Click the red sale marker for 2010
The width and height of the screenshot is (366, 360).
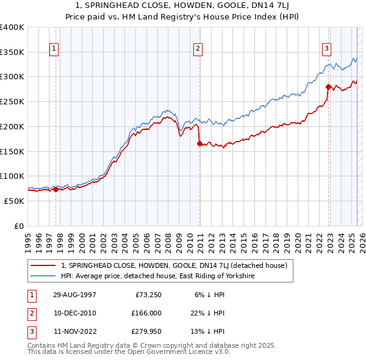(x=199, y=143)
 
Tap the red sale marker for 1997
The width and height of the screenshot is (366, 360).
(x=56, y=189)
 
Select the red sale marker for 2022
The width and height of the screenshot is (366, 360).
(x=328, y=87)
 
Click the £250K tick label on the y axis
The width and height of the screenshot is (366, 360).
(x=12, y=101)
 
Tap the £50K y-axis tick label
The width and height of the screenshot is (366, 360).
(x=15, y=201)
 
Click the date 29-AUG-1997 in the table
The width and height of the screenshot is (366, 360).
(x=74, y=294)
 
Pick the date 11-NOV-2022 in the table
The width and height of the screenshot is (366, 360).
(x=74, y=332)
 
